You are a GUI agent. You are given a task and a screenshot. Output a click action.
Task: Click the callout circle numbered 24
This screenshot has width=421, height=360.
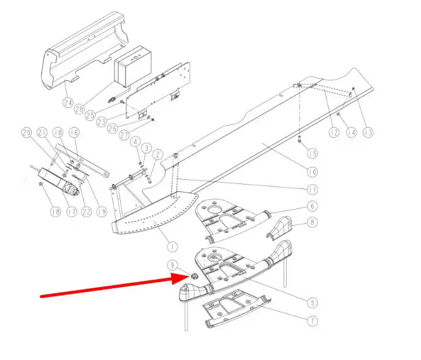(x=68, y=102)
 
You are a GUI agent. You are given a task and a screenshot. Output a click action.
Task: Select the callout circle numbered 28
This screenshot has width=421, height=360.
(x=79, y=109)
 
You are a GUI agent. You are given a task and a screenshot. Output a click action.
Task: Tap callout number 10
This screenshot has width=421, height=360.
(x=313, y=172)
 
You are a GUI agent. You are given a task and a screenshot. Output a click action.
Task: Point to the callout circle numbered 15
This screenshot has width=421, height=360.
(x=313, y=153)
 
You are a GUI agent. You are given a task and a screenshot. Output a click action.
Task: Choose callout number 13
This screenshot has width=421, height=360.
(x=368, y=132)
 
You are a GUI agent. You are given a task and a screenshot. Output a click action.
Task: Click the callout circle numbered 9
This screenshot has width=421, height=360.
(x=172, y=265)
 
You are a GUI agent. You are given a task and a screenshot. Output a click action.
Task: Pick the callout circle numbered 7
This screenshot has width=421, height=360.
(x=313, y=321)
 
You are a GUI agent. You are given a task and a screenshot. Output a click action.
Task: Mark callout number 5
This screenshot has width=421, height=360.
(x=313, y=303)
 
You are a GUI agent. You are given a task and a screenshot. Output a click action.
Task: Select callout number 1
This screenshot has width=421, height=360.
(x=172, y=246)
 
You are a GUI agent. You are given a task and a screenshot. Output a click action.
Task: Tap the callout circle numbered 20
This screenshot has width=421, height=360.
(x=26, y=132)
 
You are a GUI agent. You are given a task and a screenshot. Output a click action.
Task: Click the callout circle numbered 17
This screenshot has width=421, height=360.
(x=72, y=212)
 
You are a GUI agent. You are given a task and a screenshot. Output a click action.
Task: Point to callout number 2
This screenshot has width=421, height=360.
(x=158, y=155)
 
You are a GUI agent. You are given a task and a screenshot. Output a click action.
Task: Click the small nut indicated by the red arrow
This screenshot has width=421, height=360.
(x=193, y=275)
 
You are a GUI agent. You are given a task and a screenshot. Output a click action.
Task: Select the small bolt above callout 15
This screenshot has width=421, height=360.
(x=300, y=139)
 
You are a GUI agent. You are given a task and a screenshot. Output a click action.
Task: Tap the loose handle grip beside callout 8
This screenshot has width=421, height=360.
(x=279, y=228)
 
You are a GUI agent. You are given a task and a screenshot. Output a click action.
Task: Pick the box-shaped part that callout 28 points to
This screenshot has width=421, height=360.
(x=133, y=66)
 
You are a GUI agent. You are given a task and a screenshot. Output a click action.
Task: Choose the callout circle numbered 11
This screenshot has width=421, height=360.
(x=313, y=190)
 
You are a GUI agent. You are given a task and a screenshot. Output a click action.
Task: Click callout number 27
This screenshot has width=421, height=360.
(x=124, y=134)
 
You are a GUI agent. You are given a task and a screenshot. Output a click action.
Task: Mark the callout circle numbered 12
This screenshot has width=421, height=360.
(x=334, y=132)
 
